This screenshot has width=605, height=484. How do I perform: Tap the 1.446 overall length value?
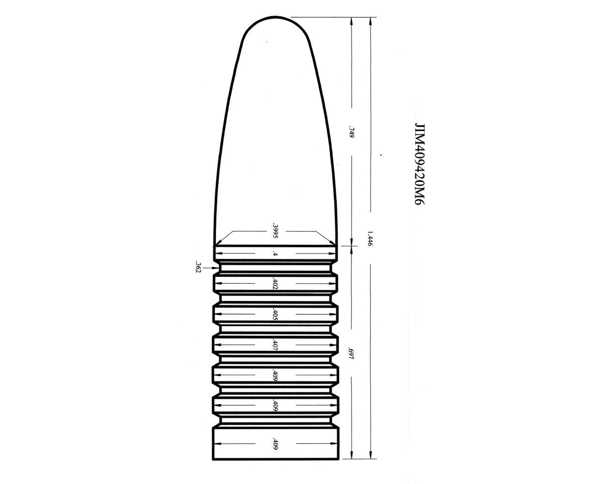point(370,239)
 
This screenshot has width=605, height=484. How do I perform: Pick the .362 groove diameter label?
point(197,267)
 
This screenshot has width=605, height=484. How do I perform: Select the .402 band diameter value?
point(275,284)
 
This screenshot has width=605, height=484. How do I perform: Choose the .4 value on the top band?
point(275,254)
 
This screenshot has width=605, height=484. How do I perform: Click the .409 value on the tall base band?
point(275,444)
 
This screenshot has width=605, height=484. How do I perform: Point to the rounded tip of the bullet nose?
point(275,19)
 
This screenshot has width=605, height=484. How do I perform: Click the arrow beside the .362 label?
point(212,267)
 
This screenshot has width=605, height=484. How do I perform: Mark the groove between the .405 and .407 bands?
point(275,329)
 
